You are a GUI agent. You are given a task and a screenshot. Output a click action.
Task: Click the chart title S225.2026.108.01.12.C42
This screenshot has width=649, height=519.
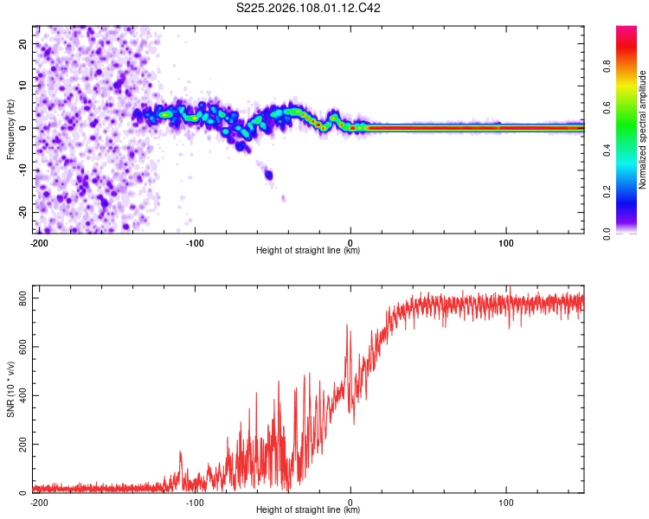(x=309, y=9)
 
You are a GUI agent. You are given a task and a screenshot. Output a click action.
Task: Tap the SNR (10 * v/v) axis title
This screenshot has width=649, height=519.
(x=11, y=389)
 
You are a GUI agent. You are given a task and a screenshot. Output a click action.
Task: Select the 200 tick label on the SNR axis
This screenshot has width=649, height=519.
(x=22, y=444)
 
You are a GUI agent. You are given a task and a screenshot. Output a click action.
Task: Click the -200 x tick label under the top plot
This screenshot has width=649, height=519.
(x=38, y=241)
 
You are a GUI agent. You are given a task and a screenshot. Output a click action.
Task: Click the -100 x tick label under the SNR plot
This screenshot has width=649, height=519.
(x=195, y=502)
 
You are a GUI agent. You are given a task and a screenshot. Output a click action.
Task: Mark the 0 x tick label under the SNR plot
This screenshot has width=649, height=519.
(x=350, y=502)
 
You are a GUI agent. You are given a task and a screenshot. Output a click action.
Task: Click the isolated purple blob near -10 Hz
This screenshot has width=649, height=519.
(x=269, y=175)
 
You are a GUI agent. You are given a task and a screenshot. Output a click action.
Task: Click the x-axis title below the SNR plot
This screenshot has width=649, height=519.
(x=309, y=510)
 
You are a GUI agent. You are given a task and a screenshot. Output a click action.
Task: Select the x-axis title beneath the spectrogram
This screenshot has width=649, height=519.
(x=309, y=250)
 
